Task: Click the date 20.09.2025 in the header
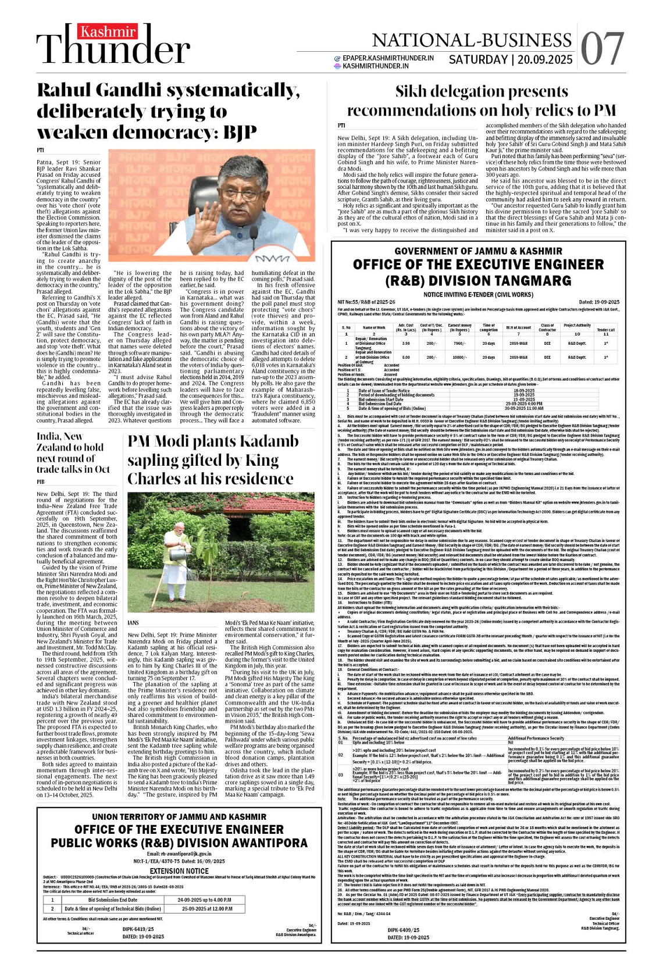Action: [x=546, y=60]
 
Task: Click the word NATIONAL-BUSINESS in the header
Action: [x=472, y=40]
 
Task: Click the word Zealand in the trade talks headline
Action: [x=60, y=447]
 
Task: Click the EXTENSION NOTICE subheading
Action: [x=179, y=871]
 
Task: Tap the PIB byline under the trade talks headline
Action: [x=41, y=482]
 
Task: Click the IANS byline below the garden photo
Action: [x=134, y=623]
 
